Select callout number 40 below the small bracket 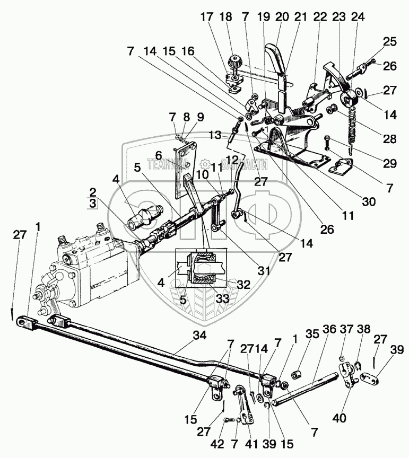coord(339,418)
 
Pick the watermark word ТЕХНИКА coord(169,165)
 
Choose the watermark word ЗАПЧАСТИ coord(243,165)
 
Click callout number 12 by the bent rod coord(233,160)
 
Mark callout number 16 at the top coord(188,51)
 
